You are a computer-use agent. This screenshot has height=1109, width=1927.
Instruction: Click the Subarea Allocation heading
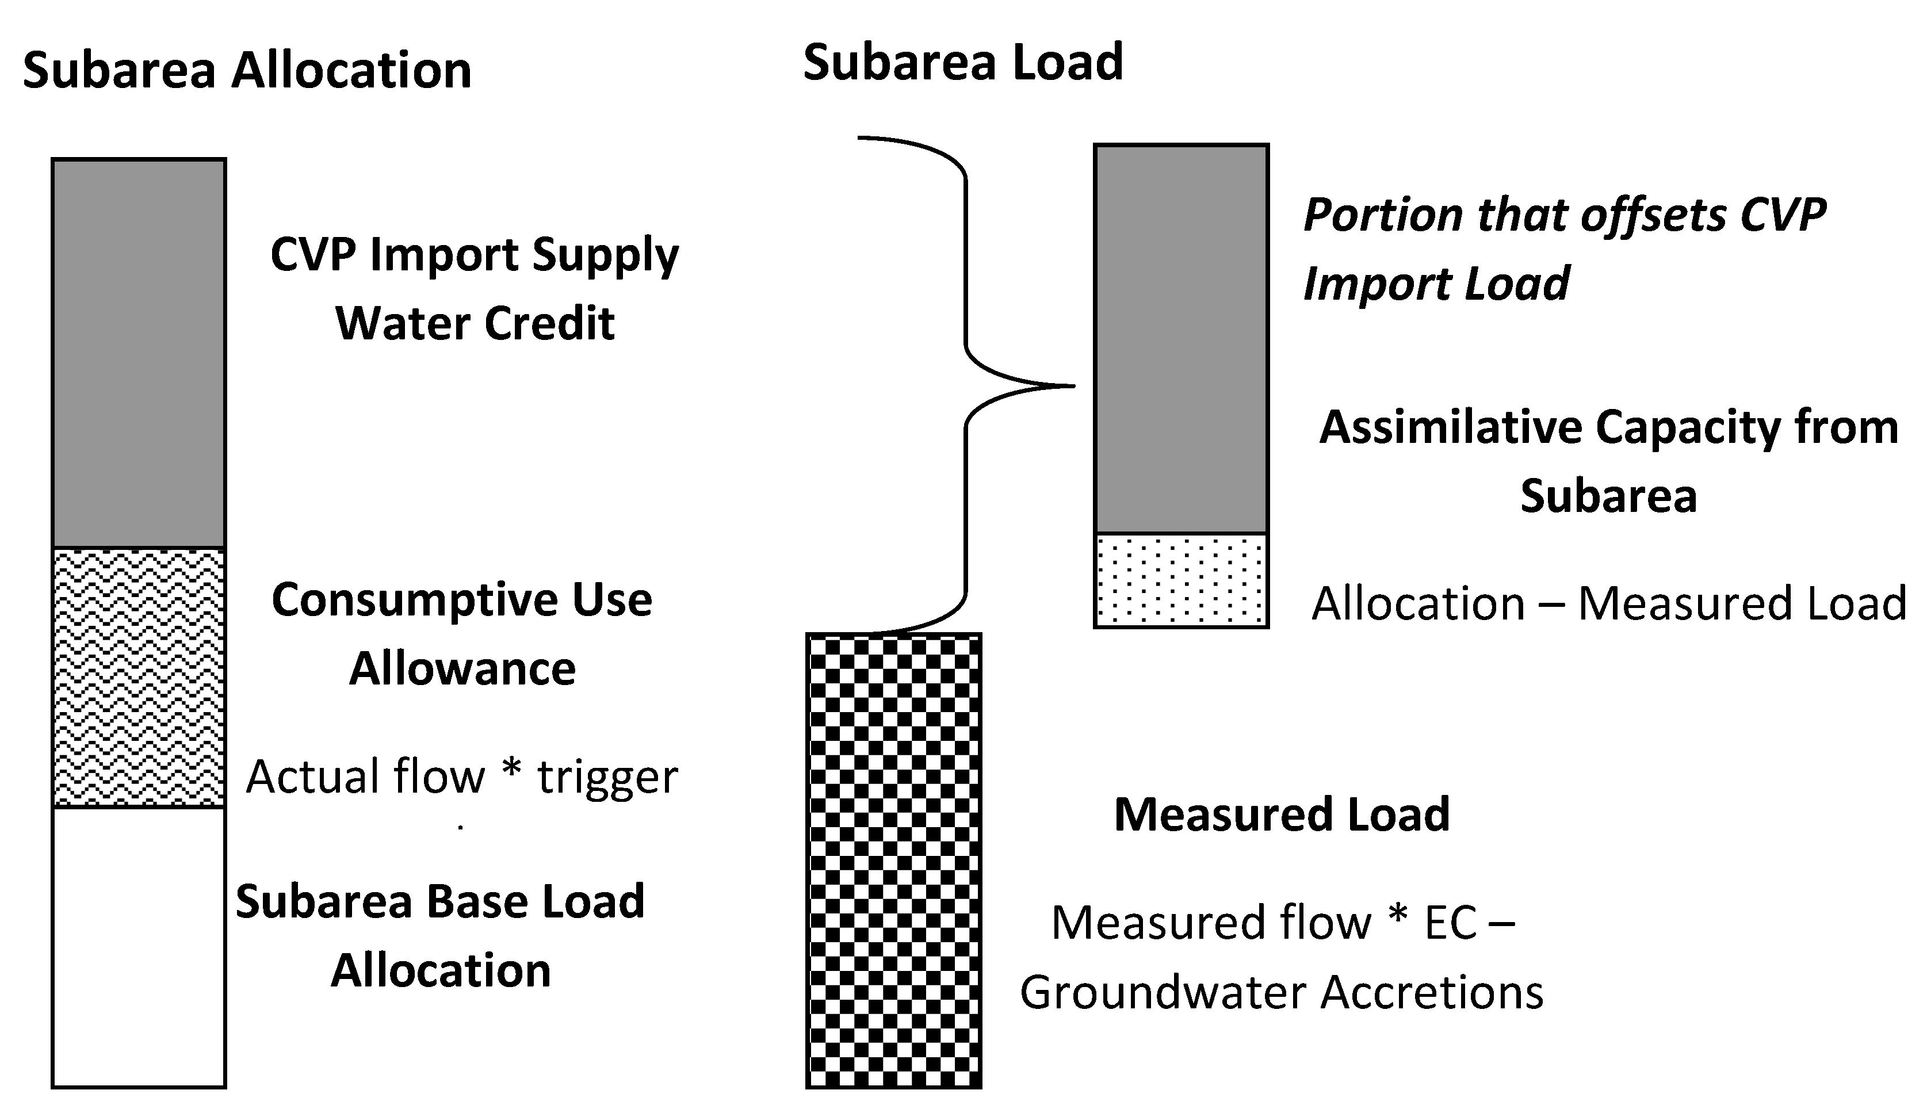coord(247,71)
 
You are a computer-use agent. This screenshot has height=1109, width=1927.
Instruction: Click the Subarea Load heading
coord(963,63)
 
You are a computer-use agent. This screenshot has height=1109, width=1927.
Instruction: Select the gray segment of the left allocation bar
coord(139,353)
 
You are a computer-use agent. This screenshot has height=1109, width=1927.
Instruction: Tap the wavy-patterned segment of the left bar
coord(139,677)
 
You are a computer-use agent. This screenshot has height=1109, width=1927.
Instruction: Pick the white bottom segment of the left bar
coord(139,947)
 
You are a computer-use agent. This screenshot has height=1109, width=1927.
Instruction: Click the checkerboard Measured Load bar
coord(893,861)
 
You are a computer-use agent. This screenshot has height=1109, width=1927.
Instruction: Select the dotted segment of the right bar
coord(1180,580)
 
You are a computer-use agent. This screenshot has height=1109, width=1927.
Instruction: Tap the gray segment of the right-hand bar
coord(1180,339)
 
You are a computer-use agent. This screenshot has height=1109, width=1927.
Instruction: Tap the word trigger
coord(607,778)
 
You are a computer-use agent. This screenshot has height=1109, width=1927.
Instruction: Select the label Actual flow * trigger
coord(461,778)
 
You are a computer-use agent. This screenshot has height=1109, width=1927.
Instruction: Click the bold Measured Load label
coord(1282,814)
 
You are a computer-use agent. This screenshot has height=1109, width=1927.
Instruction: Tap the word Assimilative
coord(1450,427)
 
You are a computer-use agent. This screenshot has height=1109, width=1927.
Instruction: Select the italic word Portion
coord(1382,215)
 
